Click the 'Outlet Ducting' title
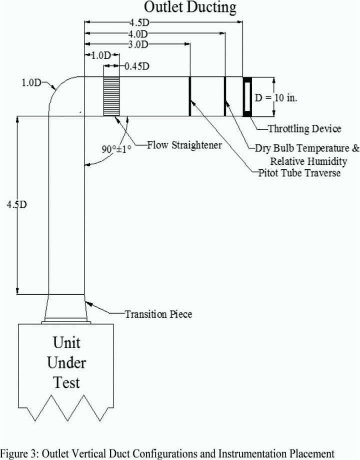190,7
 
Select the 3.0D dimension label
137,45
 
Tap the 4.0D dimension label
137,34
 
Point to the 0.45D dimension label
137,66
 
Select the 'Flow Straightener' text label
184,145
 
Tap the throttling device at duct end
247,96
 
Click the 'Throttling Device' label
304,129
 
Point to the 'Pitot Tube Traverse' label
299,173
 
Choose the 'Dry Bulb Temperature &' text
307,148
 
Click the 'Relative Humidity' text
308,161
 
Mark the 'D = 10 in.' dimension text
276,97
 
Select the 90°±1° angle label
117,149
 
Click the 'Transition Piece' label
158,314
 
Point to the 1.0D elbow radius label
31,83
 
